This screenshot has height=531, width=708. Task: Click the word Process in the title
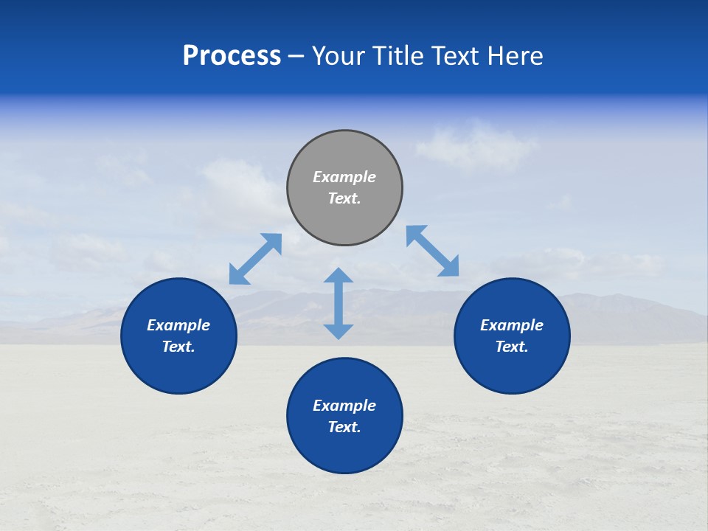click(x=232, y=56)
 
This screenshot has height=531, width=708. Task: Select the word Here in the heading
click(x=516, y=56)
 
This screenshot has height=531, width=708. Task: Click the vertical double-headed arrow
click(x=339, y=303)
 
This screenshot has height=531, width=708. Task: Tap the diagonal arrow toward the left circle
click(x=255, y=259)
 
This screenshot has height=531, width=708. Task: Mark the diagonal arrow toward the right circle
click(x=433, y=251)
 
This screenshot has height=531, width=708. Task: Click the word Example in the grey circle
click(x=344, y=177)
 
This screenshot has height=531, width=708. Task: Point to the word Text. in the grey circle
click(x=344, y=198)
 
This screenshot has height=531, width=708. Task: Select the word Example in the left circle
click(x=178, y=325)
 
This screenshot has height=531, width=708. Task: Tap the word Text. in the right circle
click(x=512, y=347)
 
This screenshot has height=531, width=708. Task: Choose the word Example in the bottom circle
click(x=344, y=406)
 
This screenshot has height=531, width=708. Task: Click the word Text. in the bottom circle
click(x=344, y=427)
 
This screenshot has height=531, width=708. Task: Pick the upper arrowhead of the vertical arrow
click(x=339, y=276)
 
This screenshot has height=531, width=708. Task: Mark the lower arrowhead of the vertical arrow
click(x=339, y=331)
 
